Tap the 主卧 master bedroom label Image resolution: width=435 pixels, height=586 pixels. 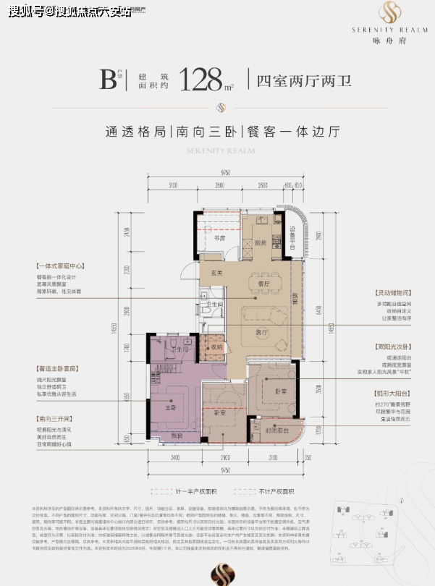click(170, 407)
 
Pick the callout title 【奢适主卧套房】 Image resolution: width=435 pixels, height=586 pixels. click(54, 370)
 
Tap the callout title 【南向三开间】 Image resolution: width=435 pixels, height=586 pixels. click(52, 418)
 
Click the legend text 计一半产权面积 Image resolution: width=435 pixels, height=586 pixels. click(189, 489)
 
